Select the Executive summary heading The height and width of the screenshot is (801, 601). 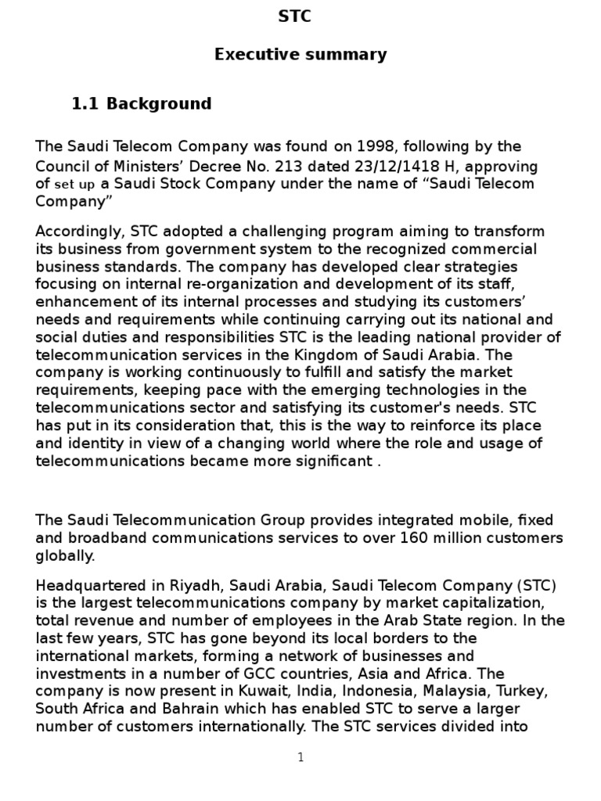coord(300,55)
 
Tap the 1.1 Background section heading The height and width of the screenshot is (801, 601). coord(142,104)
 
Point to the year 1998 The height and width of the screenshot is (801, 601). coord(375,146)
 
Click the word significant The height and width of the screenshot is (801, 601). coord(327,461)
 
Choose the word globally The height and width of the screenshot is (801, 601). coord(66,555)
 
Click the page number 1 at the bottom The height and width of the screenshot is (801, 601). coord(300,757)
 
